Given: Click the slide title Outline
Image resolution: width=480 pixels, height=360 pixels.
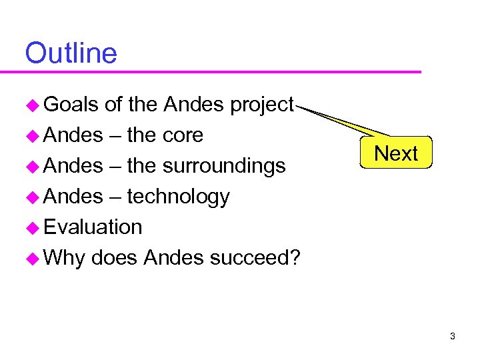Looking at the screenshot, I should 71,53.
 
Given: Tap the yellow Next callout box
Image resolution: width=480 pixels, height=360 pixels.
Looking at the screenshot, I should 396,153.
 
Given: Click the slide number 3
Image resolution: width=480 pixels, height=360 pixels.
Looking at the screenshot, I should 452,337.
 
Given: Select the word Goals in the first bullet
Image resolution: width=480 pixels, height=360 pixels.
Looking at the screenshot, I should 71,105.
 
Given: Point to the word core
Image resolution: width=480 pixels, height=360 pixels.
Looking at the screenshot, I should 183,135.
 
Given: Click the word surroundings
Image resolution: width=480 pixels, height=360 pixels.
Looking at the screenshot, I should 224,166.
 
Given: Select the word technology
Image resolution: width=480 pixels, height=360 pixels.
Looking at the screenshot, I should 178,197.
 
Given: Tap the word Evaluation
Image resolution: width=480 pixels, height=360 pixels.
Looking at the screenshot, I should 93,227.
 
